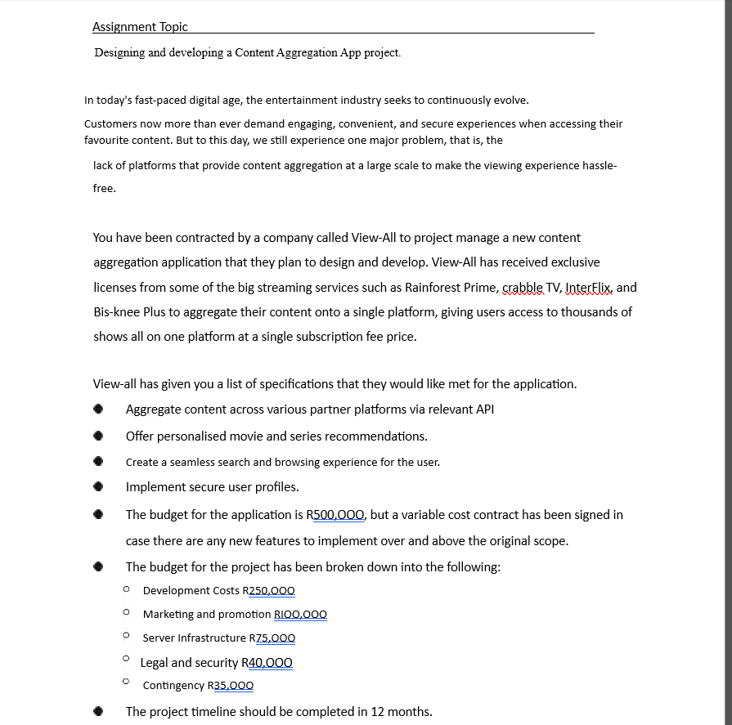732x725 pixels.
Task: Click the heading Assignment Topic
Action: click(x=140, y=27)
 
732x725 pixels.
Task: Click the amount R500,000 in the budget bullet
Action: click(x=336, y=515)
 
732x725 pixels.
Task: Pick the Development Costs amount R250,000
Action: click(x=268, y=591)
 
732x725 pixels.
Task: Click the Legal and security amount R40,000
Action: click(x=267, y=663)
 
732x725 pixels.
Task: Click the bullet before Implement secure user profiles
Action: click(x=98, y=488)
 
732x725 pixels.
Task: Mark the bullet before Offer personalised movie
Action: click(x=98, y=436)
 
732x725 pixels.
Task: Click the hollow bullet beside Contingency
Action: click(x=126, y=681)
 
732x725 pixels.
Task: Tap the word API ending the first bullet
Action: click(x=484, y=409)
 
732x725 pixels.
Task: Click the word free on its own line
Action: click(x=104, y=189)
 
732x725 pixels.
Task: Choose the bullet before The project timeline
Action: click(x=98, y=712)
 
